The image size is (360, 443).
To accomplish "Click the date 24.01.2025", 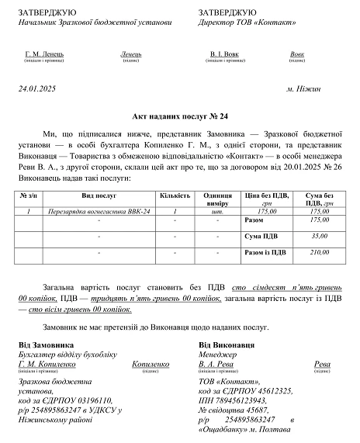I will point(36,89).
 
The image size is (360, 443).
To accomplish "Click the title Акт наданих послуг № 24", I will point(179,114).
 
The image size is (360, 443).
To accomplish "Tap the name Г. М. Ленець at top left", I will point(44,54).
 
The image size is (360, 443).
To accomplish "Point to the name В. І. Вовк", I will point(225,54).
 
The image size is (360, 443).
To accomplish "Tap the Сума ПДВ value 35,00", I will point(319,235).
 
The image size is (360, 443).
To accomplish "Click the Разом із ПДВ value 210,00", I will point(319,252).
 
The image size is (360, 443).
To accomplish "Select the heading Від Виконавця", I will point(227,344).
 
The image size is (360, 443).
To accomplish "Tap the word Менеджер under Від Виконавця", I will point(218,354).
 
